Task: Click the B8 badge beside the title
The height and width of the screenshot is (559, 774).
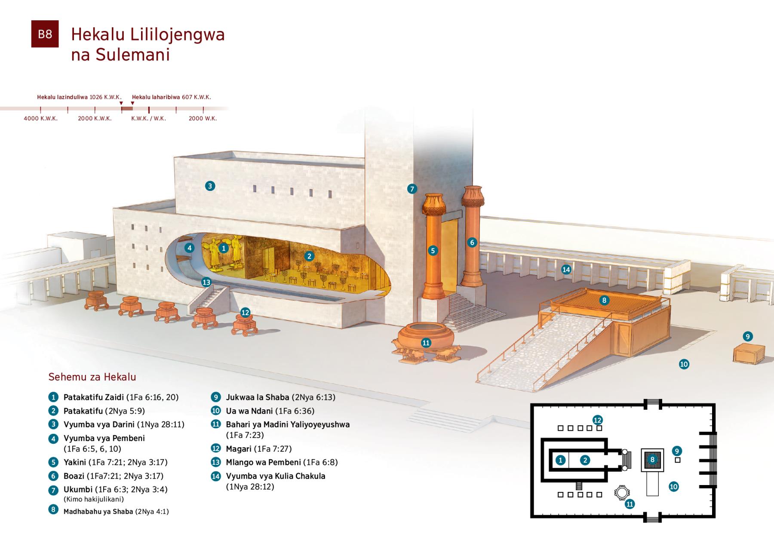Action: click(45, 34)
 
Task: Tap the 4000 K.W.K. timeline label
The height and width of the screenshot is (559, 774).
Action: click(41, 118)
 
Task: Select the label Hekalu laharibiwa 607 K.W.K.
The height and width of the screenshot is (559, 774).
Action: click(172, 97)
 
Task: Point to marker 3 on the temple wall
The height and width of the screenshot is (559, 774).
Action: click(210, 186)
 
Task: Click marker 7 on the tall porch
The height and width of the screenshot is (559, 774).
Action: click(412, 188)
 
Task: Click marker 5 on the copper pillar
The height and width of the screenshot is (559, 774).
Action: click(433, 251)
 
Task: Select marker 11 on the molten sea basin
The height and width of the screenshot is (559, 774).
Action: click(426, 343)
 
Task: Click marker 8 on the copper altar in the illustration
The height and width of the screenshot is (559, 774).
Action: click(604, 300)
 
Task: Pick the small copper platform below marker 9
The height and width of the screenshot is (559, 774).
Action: click(749, 354)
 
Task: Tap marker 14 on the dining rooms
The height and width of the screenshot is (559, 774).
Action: click(566, 270)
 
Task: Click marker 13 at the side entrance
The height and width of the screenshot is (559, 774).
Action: click(206, 282)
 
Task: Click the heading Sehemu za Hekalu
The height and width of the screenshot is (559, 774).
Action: click(92, 377)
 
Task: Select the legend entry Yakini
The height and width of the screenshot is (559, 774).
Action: click(75, 462)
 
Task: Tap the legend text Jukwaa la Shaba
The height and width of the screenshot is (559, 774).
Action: click(258, 397)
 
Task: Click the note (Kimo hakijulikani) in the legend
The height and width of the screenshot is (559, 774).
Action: click(94, 499)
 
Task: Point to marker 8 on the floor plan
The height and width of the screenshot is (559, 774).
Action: click(652, 460)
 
